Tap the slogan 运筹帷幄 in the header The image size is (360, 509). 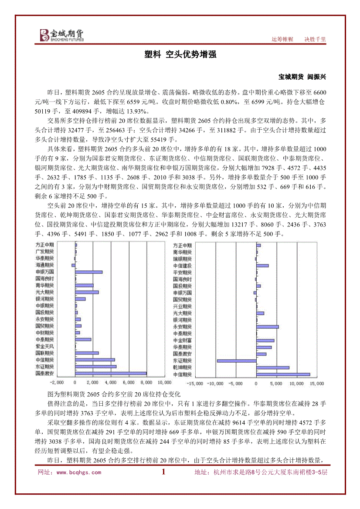pos(282,39)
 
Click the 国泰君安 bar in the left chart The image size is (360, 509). pos(111,373)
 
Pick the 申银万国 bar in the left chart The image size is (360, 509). pos(89,272)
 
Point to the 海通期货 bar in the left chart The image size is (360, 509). pos(74,265)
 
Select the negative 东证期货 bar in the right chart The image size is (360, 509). pos(237,361)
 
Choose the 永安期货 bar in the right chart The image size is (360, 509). pos(268,327)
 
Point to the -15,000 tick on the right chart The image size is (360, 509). pos(195,384)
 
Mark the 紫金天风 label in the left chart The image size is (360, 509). pos(45,346)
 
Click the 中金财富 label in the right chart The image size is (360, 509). pos(182,340)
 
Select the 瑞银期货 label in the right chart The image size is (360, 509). pos(182,259)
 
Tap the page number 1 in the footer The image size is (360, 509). pos(164,472)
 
